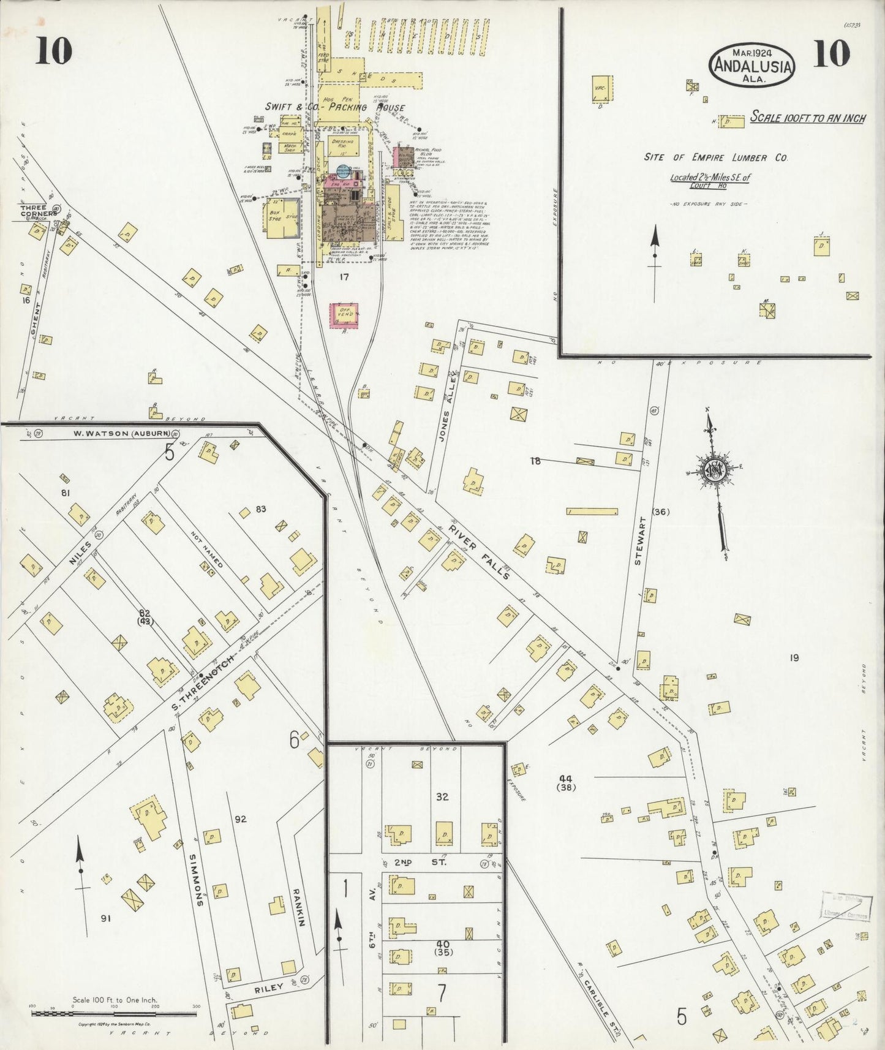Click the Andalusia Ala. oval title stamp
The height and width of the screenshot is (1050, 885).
point(753,63)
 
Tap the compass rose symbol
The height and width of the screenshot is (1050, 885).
point(714,470)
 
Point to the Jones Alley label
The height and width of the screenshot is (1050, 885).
point(445,434)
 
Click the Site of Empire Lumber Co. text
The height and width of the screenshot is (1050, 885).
point(715,157)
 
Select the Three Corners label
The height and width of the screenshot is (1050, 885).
point(38,211)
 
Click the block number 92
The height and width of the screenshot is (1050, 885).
point(241,818)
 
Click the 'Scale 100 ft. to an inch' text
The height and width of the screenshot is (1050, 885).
point(807,118)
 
